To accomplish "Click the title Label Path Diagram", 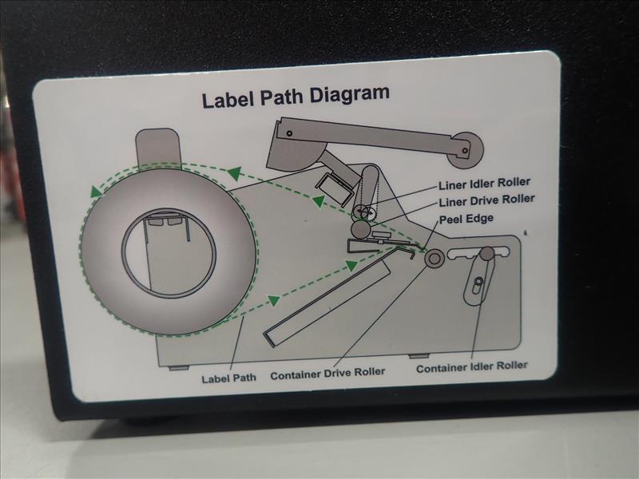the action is pos(296,96).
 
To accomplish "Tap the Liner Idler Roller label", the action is pos(484,184).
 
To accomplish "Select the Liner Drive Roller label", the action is pos(486,200).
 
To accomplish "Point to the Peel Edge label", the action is pos(466,219).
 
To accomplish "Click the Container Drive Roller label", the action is pos(327,374).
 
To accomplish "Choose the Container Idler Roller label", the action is pos(472,367).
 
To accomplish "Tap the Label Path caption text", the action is pos(228,378).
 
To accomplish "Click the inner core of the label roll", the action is pos(169,253).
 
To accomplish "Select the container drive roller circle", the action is pos(434,258).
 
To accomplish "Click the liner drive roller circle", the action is pos(361,229).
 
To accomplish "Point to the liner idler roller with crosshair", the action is pos(364,212).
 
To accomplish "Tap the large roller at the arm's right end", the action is pos(466,150).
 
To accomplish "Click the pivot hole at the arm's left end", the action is pos(289,133).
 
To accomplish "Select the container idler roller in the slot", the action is pos(486,253).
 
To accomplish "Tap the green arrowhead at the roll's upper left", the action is pos(96,192).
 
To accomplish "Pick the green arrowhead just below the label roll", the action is pos(274,301).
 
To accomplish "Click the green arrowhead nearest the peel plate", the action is pos(351,267).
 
